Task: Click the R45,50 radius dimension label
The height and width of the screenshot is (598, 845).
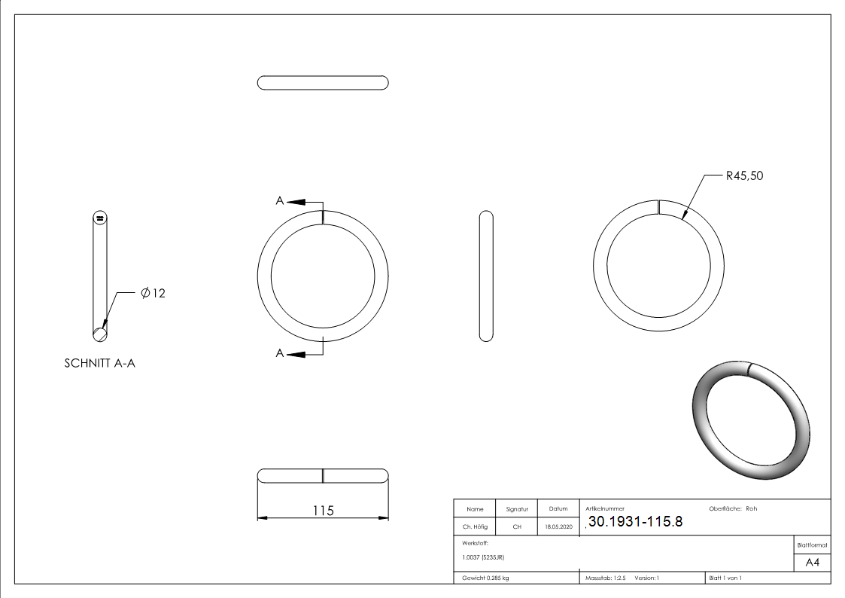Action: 744,175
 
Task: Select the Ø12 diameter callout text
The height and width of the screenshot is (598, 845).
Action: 153,293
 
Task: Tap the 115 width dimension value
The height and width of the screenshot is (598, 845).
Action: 324,510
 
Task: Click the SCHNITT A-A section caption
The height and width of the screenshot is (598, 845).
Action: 99,364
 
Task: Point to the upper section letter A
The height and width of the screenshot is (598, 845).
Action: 280,200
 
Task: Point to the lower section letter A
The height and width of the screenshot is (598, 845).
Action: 280,353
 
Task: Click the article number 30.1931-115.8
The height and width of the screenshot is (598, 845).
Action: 635,521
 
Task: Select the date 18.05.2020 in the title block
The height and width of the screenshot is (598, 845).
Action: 558,526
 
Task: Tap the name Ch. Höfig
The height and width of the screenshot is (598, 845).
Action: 475,526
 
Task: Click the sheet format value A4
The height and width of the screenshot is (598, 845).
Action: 812,563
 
